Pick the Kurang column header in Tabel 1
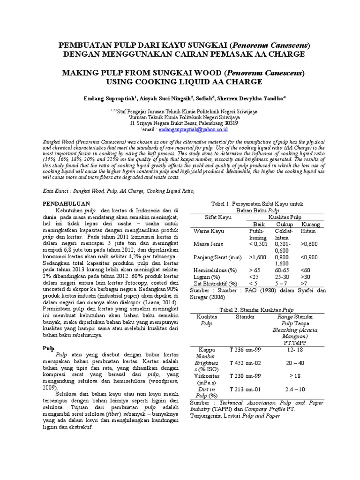tap(311, 225)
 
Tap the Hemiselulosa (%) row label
tap(213, 270)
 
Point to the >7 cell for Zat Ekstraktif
tap(305, 284)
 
